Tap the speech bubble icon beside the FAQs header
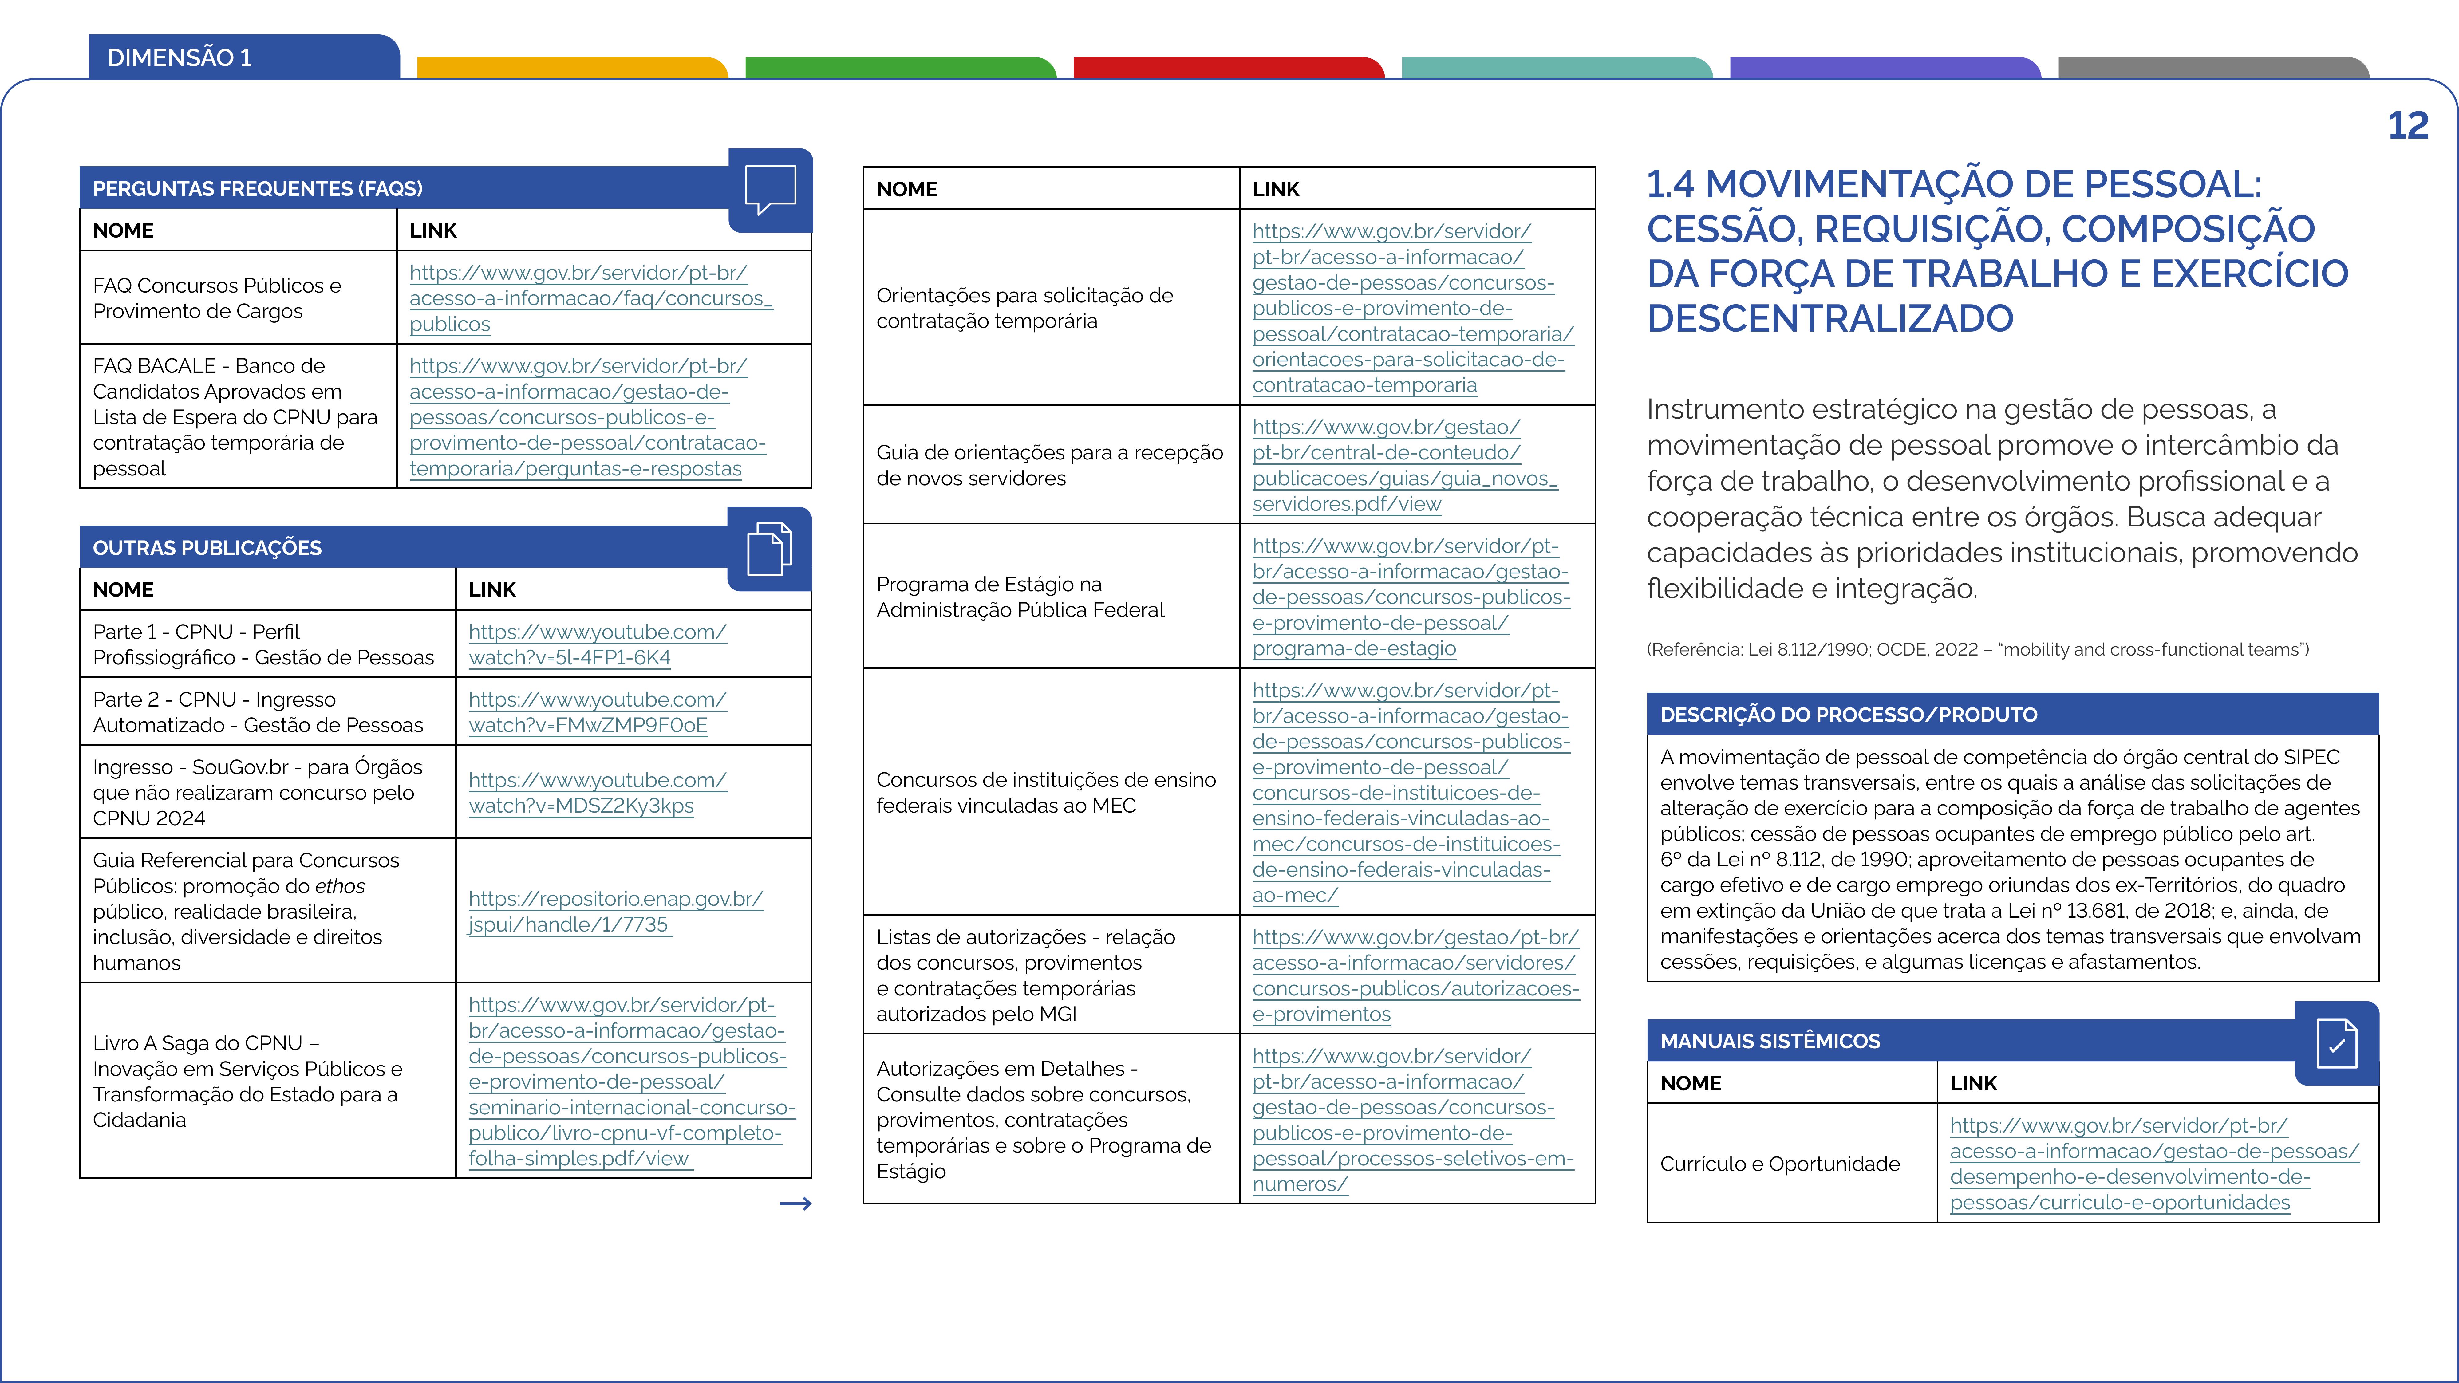pos(769,189)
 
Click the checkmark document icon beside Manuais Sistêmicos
pos(2336,1043)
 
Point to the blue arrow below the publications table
pos(795,1204)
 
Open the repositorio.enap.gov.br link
pos(615,912)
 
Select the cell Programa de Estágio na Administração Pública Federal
pos(1020,597)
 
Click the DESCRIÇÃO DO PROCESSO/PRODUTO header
pos(1848,715)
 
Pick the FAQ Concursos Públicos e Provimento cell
pos(217,298)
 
